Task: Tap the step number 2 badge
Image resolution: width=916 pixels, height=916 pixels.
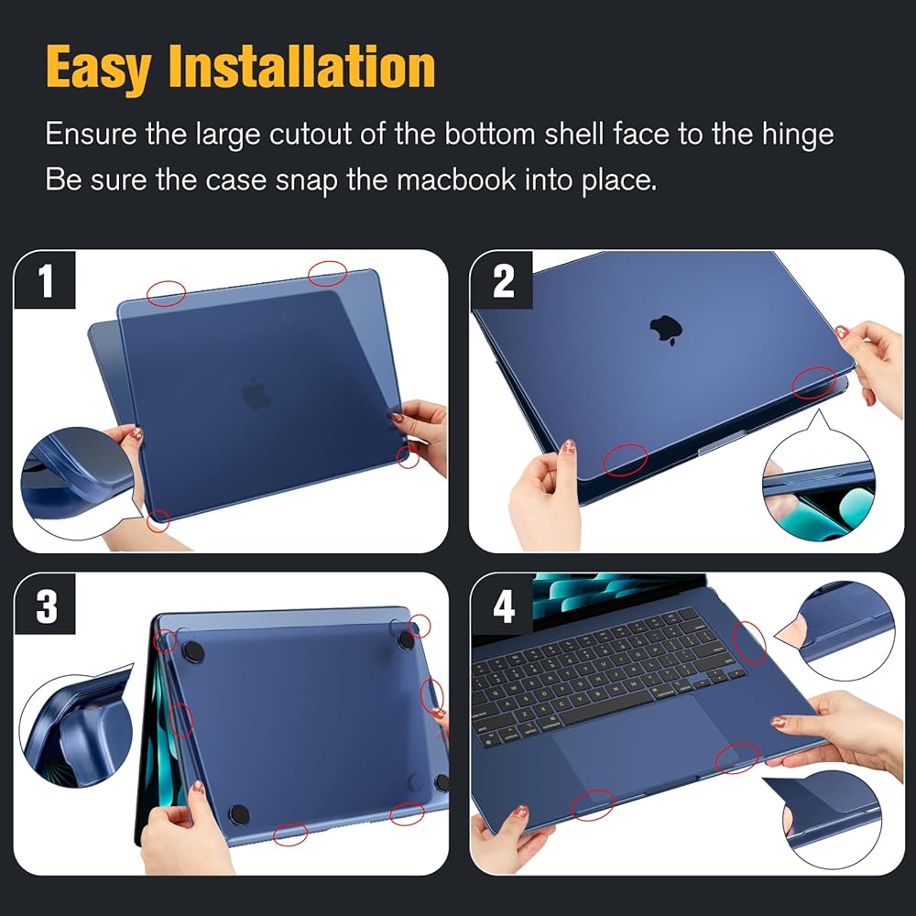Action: [504, 282]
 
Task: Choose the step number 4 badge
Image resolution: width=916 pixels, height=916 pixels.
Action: [504, 607]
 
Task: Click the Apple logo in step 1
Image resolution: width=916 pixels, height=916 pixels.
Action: [256, 394]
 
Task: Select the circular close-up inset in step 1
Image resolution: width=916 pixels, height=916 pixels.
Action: [78, 476]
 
